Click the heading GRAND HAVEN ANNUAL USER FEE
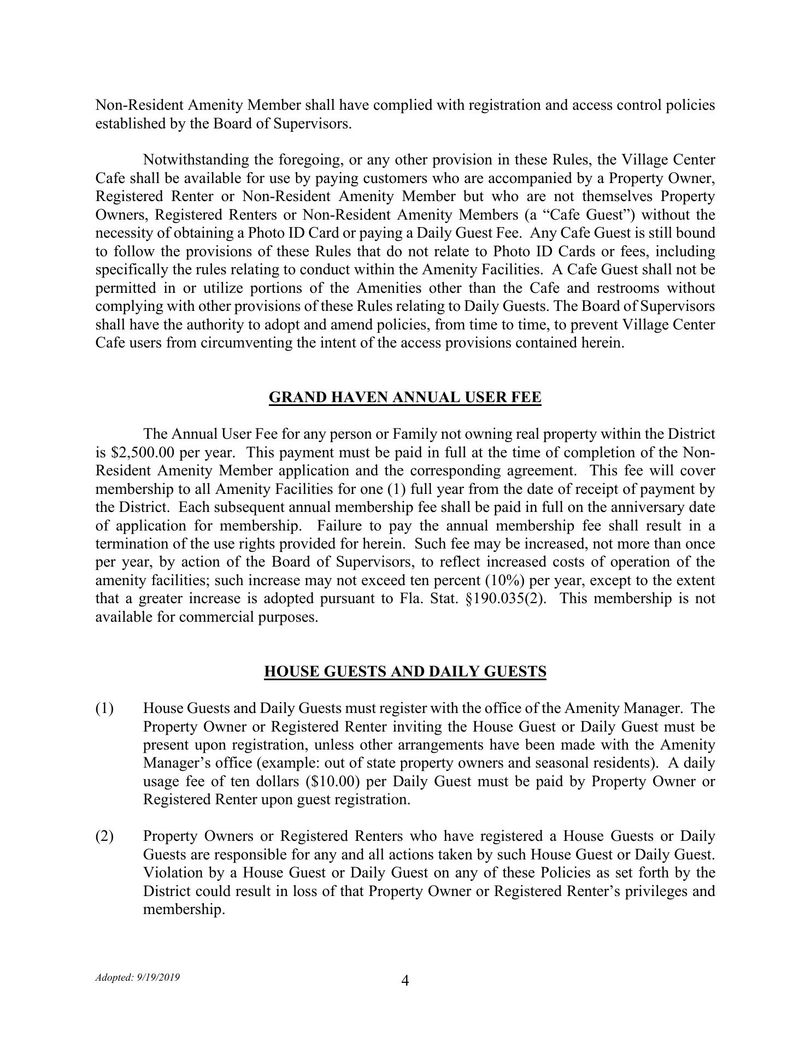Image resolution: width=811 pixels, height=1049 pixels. coord(405,397)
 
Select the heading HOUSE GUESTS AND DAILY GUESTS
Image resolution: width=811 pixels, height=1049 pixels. coord(405,671)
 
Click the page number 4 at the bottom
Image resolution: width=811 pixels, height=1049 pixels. coord(405,981)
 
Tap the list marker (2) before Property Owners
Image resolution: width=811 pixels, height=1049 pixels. coord(105,836)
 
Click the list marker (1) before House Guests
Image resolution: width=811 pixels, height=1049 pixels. coord(105,709)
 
